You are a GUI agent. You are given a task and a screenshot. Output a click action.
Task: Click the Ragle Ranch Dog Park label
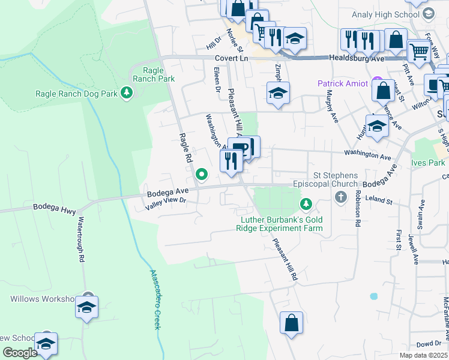[x=76, y=93]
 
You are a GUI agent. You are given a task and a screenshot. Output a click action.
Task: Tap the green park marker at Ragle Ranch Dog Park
[x=126, y=92]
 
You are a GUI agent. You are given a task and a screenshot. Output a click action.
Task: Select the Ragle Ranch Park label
[x=154, y=74]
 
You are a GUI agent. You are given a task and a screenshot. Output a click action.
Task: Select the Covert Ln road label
[x=231, y=58]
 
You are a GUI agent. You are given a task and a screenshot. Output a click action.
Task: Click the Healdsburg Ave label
[x=355, y=58]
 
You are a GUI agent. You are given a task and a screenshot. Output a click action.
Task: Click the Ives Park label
[x=433, y=163]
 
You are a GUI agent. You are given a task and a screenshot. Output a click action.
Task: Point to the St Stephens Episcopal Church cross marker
[x=341, y=197]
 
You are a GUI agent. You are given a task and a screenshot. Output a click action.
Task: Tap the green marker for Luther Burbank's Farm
[x=306, y=205]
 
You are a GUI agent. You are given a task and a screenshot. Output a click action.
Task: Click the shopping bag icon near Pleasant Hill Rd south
[x=291, y=323]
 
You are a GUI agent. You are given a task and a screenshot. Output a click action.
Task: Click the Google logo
[x=20, y=353]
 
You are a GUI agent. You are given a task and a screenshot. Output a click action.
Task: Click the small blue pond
[x=374, y=296]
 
